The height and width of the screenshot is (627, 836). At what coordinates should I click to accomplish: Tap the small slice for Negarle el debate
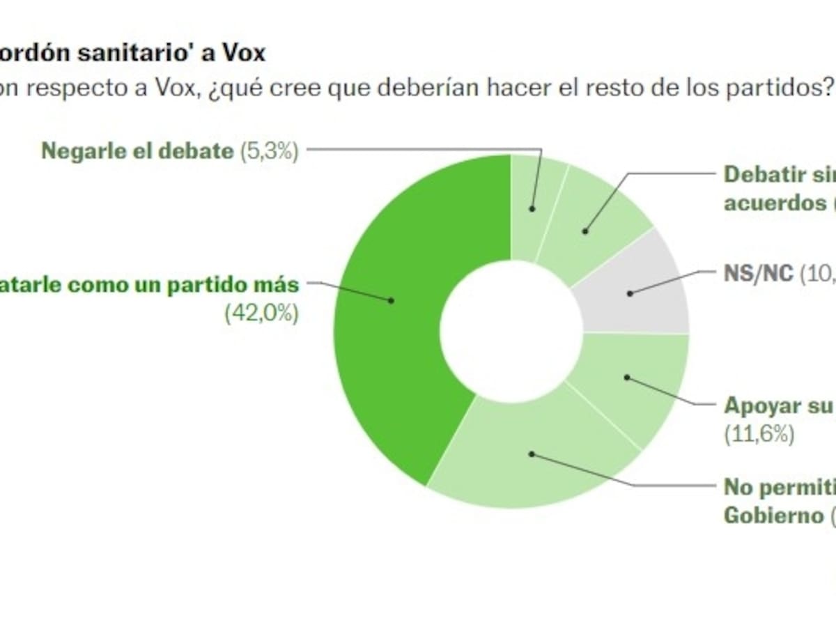[533, 202]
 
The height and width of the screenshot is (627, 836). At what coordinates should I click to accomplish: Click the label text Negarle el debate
[137, 151]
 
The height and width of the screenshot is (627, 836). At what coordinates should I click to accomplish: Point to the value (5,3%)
[269, 151]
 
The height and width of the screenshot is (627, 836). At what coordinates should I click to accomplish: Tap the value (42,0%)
[261, 314]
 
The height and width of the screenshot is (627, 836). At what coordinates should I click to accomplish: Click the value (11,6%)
[759, 434]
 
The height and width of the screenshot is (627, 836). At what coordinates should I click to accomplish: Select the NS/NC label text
[758, 274]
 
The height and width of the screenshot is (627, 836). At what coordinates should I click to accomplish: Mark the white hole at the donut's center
[511, 332]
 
